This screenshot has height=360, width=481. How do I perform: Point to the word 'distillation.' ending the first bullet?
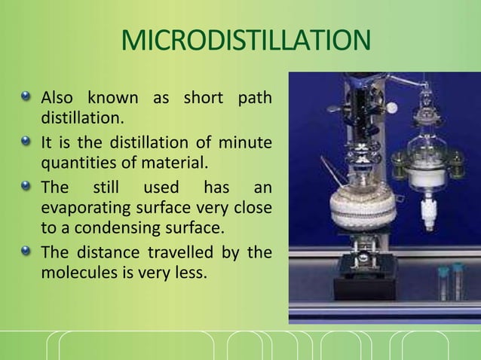[x=79, y=118]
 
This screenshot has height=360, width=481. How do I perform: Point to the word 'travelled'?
[x=186, y=252]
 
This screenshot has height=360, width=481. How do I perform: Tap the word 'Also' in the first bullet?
[x=57, y=98]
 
